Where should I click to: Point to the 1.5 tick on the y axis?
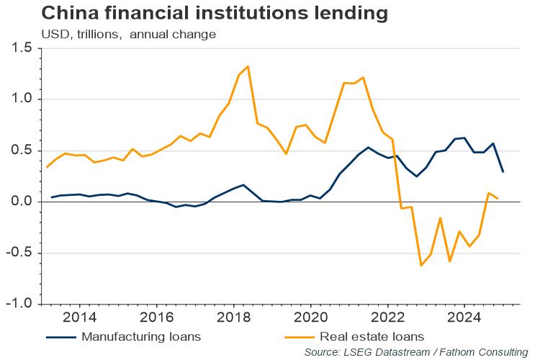(x=21, y=48)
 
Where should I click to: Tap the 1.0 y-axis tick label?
(x=21, y=99)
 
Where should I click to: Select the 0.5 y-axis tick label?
(x=21, y=150)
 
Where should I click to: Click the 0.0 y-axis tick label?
(x=21, y=202)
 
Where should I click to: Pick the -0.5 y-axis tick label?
(x=19, y=253)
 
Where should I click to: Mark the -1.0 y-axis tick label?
(x=19, y=304)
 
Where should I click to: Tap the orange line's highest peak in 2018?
(x=248, y=66)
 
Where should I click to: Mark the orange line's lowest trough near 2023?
(x=421, y=266)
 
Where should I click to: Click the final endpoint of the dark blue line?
(x=503, y=171)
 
